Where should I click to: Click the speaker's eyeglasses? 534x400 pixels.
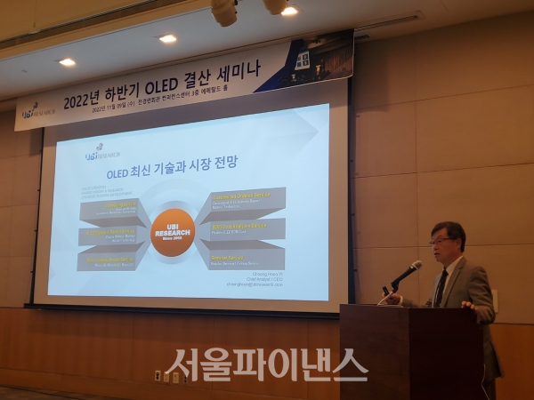click(x=441, y=240)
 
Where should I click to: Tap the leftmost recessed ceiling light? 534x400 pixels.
click(x=67, y=62)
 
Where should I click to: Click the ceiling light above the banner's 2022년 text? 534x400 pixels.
click(x=167, y=38)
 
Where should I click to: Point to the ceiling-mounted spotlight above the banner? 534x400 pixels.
click(x=224, y=11)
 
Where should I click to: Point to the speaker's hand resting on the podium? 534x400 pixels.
click(x=467, y=304)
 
